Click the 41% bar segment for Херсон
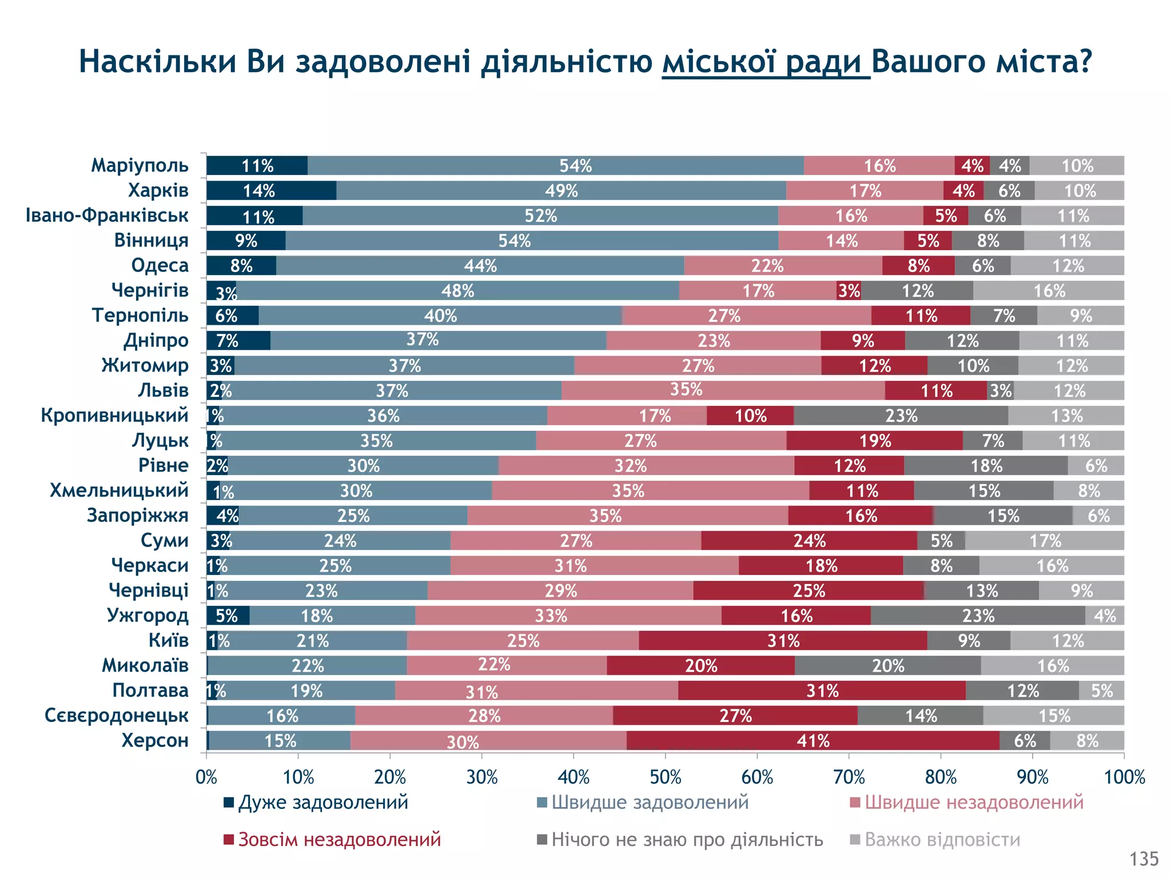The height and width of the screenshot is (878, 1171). [x=812, y=741]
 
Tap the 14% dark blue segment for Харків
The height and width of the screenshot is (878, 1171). [x=271, y=191]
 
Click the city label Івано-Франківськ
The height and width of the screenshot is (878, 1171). [x=107, y=215]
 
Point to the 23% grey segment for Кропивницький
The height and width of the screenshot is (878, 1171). [x=901, y=416]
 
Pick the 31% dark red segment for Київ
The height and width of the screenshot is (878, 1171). [x=783, y=641]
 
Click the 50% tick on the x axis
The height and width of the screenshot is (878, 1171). [x=666, y=777]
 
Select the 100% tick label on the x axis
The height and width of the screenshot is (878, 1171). [x=1124, y=777]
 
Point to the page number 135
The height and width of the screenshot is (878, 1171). [x=1144, y=859]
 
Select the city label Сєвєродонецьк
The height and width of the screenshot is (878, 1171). [x=117, y=716]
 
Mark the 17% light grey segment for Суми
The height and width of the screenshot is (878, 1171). [x=1045, y=541]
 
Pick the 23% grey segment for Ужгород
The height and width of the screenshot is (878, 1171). [x=978, y=616]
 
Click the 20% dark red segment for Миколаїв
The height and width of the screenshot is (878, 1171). [x=700, y=666]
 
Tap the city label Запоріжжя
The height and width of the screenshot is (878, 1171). [x=137, y=516]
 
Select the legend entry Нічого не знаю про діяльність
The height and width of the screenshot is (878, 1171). [x=687, y=840]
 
